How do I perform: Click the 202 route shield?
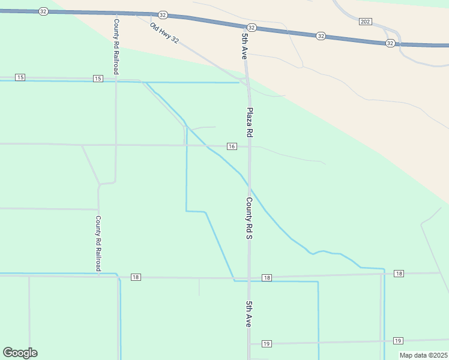(366, 22)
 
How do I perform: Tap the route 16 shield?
(232, 146)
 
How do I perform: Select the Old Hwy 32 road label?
(164, 32)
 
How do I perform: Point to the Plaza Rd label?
(250, 122)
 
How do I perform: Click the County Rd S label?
(248, 218)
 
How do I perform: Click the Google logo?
(20, 353)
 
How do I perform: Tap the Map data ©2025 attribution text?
(423, 355)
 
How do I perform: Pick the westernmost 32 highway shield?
(43, 11)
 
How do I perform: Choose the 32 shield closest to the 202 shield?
(391, 43)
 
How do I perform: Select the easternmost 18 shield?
(399, 274)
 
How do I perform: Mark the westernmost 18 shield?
(136, 277)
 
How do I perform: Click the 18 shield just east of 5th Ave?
(267, 278)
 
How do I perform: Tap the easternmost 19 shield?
(397, 341)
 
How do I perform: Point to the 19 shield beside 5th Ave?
(267, 344)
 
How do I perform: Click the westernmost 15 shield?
(20, 78)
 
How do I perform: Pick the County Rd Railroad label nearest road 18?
(98, 243)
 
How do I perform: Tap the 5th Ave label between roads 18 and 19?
(248, 314)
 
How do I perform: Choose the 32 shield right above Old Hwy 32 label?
(163, 15)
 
